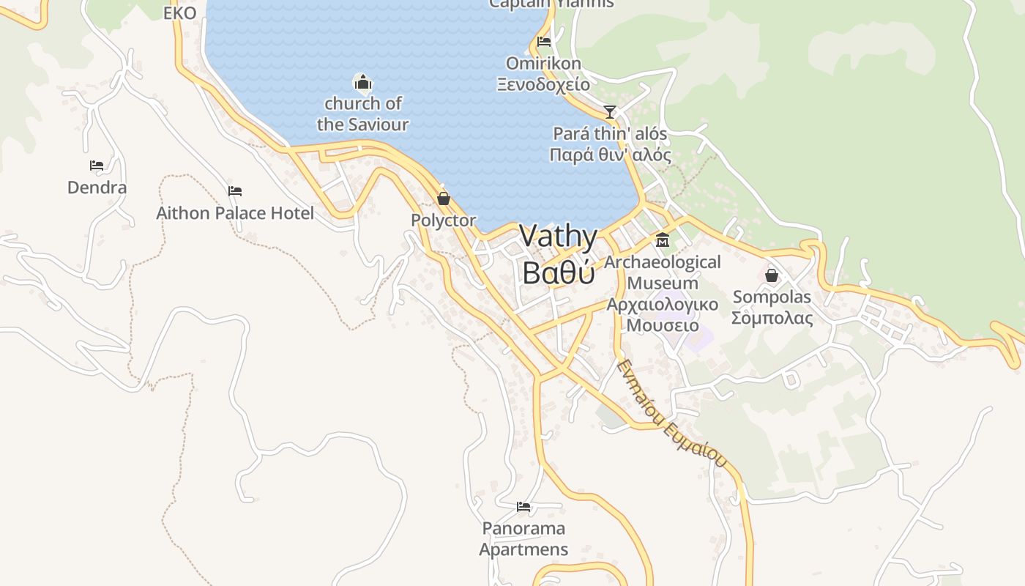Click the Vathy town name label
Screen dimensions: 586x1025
[558, 237]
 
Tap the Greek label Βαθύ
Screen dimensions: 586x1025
[558, 272]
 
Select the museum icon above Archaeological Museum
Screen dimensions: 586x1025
[663, 240]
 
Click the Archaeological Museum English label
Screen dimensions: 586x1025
[663, 272]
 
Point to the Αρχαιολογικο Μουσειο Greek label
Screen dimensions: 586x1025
[663, 314]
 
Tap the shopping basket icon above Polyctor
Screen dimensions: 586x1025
[443, 198]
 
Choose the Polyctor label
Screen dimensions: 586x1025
[443, 220]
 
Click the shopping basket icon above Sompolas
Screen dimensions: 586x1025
[771, 275]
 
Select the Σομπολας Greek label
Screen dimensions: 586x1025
[772, 318]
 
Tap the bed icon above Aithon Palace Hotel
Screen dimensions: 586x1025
[234, 191]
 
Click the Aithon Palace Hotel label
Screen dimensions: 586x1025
[235, 213]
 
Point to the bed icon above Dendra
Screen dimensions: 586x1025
[97, 166]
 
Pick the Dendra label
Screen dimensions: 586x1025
[97, 188]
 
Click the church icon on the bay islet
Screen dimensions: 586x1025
[362, 82]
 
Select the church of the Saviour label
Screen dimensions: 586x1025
[362, 114]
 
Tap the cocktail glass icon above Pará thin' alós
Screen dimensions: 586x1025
[609, 112]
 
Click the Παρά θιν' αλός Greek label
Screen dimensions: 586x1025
[610, 155]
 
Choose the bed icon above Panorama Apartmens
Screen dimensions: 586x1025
[523, 506]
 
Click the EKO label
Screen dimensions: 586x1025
[179, 13]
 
